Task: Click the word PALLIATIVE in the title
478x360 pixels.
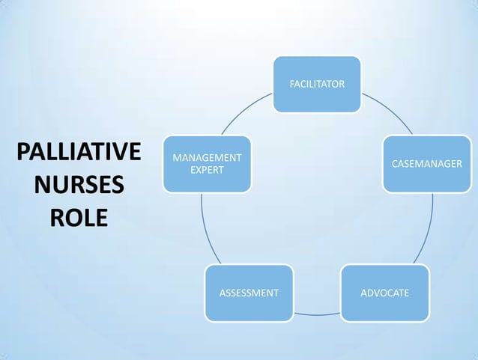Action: click(x=79, y=151)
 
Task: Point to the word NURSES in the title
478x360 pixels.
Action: click(x=79, y=184)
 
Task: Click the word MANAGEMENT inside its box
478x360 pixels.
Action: click(x=208, y=158)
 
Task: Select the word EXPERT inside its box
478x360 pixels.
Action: click(x=208, y=170)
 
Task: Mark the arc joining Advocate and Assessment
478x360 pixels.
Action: click(x=317, y=314)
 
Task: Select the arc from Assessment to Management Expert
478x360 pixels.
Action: click(x=205, y=228)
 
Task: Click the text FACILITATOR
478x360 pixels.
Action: click(x=317, y=85)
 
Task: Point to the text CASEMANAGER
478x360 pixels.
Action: click(x=427, y=164)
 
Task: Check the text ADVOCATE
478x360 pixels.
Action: click(x=385, y=293)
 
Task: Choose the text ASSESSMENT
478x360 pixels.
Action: click(x=249, y=293)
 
